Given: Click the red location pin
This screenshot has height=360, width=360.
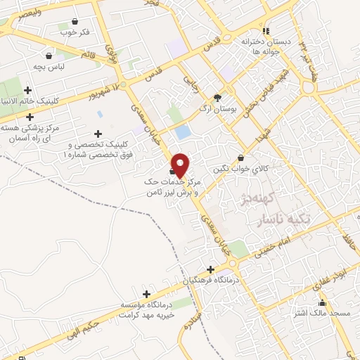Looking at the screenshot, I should point(181,165).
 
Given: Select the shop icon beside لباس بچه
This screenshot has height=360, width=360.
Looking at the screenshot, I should point(49,56).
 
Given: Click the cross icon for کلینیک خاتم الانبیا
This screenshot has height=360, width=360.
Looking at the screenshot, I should point(27,90).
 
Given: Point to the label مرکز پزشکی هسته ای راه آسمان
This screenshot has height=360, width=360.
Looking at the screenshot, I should point(41,133).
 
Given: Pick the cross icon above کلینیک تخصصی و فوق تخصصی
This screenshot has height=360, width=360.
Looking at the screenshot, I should point(98,134).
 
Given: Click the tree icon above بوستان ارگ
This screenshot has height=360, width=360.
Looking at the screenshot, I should point(217,98).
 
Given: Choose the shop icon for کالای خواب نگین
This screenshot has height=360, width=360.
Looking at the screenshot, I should point(242,158).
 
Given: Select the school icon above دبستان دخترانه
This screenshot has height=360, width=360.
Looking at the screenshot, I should point(266,31).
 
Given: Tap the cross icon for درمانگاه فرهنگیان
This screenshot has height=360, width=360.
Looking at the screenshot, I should point(210,269).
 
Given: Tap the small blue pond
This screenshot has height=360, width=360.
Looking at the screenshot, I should point(183,131).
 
